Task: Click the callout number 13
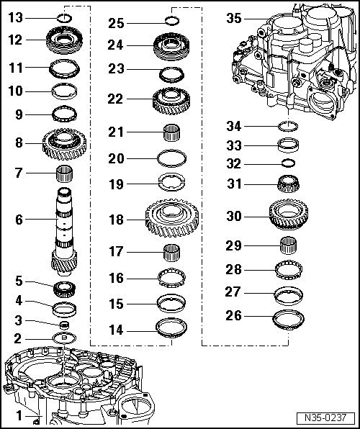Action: point(16,18)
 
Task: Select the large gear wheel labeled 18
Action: point(172,218)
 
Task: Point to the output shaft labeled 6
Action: point(64,232)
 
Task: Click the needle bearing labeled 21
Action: point(171,132)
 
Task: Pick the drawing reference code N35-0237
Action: point(325,417)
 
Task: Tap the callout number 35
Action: point(234,19)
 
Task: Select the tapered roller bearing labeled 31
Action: point(288,184)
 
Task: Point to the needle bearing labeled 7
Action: point(64,173)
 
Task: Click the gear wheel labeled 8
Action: point(64,144)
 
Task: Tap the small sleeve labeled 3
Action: point(64,325)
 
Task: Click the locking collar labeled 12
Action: point(64,40)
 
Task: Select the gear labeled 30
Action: point(288,214)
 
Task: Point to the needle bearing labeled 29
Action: point(288,245)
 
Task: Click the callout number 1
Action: point(19,416)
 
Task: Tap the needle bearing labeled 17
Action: point(171,253)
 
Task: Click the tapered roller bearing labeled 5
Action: point(64,289)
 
